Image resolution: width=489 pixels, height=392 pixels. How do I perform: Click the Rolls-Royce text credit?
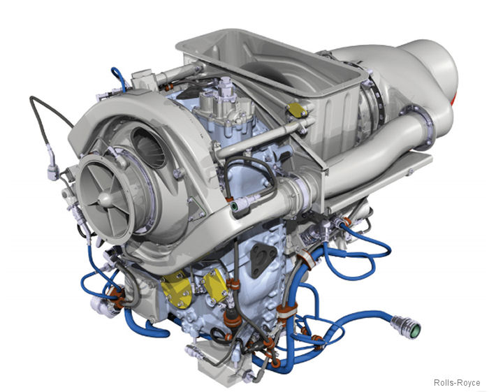457,382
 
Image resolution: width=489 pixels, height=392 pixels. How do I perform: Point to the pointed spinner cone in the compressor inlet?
105,198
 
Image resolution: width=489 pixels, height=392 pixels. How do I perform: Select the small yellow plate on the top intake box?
296,110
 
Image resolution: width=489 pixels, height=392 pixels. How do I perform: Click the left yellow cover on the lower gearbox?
177,289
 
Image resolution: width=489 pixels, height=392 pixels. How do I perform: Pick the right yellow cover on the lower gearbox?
216,287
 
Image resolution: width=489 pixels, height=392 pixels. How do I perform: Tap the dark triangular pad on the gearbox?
262,259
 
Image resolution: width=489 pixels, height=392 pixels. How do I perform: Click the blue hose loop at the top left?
119,78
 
